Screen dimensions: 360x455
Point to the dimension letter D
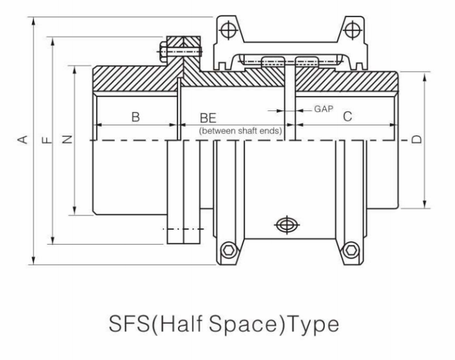pyautogui.click(x=417, y=139)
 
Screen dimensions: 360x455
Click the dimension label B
pyautogui.click(x=135, y=117)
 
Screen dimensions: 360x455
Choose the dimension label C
pyautogui.click(x=348, y=117)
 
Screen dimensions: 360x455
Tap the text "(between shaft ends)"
pyautogui.click(x=241, y=131)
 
